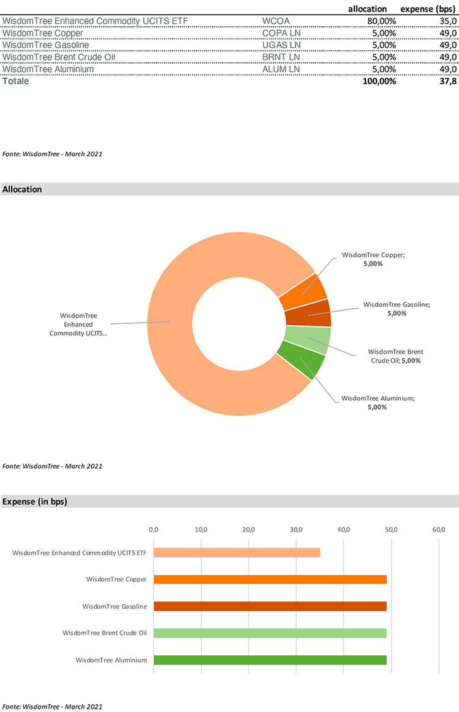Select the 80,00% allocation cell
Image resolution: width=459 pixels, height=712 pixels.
[x=381, y=21]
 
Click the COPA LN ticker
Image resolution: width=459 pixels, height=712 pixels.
[x=281, y=33]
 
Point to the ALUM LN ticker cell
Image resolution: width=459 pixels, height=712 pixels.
[x=281, y=69]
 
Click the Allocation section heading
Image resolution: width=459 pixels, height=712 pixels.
[x=23, y=189]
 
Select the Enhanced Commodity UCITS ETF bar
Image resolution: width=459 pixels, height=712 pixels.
[x=236, y=552]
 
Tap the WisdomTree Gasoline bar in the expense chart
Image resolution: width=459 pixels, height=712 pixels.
[x=270, y=606]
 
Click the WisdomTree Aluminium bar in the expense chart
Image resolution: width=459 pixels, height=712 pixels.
[x=270, y=660]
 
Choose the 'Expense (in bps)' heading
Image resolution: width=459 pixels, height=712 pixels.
[x=35, y=502]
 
